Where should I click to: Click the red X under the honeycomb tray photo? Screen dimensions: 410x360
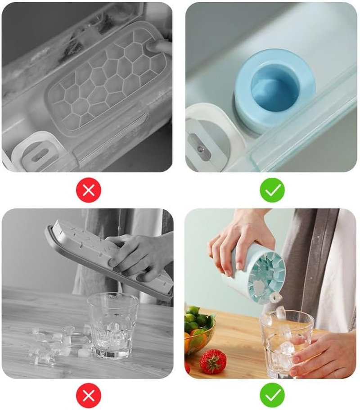(x=89, y=190)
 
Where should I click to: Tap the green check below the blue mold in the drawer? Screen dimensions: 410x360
(x=272, y=190)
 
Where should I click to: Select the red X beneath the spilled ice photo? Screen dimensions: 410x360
(x=89, y=396)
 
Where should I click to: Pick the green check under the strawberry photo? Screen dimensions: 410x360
(x=272, y=396)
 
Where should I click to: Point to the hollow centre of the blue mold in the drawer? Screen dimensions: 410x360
(x=274, y=88)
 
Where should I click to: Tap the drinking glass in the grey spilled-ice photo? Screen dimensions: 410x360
(x=112, y=324)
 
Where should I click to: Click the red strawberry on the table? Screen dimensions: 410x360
(x=213, y=360)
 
